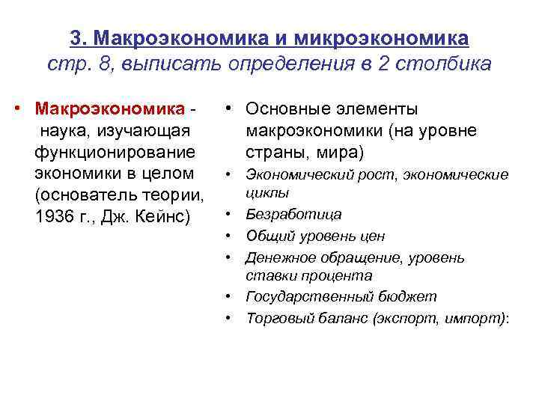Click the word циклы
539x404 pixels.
[x=263, y=193]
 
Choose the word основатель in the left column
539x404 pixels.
[x=77, y=196]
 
